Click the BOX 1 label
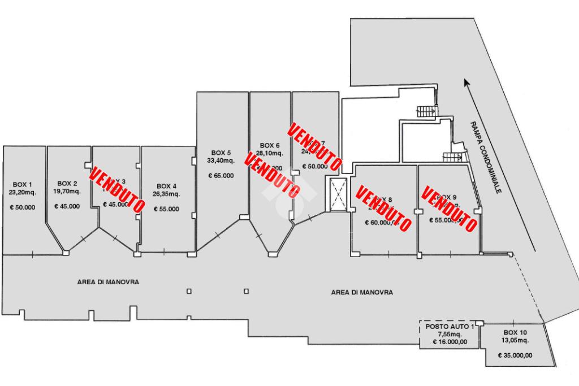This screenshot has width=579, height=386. (x=23, y=184)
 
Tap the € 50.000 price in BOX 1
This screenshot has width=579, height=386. (x=23, y=207)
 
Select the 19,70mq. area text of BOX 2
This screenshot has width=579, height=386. (x=67, y=191)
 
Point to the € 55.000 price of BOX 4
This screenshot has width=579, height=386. (x=167, y=209)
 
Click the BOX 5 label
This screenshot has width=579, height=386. (x=221, y=153)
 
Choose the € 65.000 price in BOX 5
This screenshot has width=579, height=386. (x=221, y=176)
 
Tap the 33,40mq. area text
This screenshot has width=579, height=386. (x=221, y=160)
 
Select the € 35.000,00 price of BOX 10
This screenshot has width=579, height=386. (x=516, y=355)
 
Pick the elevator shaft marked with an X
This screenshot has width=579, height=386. (x=338, y=194)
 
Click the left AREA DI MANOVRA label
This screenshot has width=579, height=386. (x=108, y=281)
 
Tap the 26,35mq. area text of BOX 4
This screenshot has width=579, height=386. (x=167, y=194)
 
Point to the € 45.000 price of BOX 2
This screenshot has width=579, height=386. (x=67, y=206)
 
